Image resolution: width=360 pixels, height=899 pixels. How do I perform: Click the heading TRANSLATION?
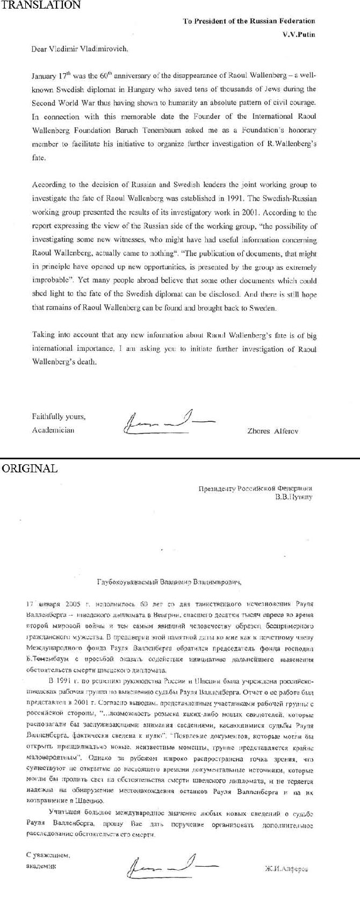click(40, 5)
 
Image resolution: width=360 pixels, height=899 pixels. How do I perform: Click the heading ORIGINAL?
click(29, 468)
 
